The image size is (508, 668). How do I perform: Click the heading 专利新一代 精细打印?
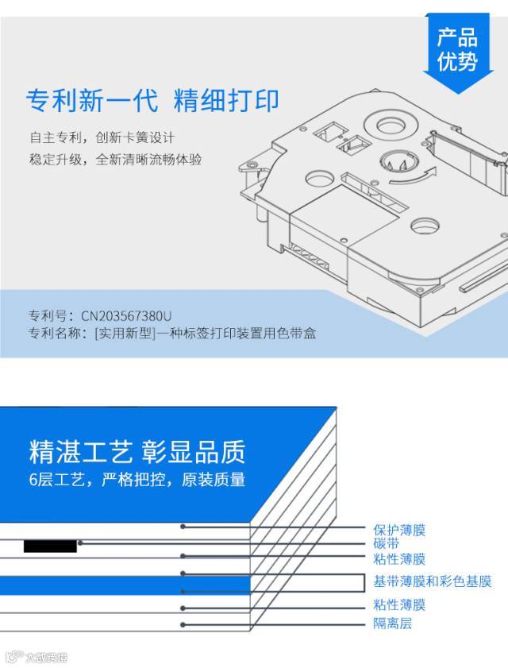click(152, 101)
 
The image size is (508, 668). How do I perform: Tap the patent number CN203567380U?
click(126, 315)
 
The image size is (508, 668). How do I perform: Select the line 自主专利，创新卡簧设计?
click(102, 137)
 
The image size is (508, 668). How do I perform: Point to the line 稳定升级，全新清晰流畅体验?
click(115, 160)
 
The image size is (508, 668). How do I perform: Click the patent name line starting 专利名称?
click(172, 333)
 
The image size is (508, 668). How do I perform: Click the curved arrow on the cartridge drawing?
click(413, 176)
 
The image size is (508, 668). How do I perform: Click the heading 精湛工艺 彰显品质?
click(137, 452)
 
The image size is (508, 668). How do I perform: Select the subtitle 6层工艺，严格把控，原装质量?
click(137, 479)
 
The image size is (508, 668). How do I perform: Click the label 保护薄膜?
click(399, 531)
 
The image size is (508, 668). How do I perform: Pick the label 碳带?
click(387, 543)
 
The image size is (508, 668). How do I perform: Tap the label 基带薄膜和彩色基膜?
click(433, 581)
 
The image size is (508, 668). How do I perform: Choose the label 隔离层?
click(393, 624)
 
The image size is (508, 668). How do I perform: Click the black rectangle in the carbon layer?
click(50, 546)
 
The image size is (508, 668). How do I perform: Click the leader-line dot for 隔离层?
click(183, 625)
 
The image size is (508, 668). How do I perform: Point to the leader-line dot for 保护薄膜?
click(183, 527)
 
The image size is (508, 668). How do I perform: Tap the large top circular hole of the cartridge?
click(391, 125)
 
